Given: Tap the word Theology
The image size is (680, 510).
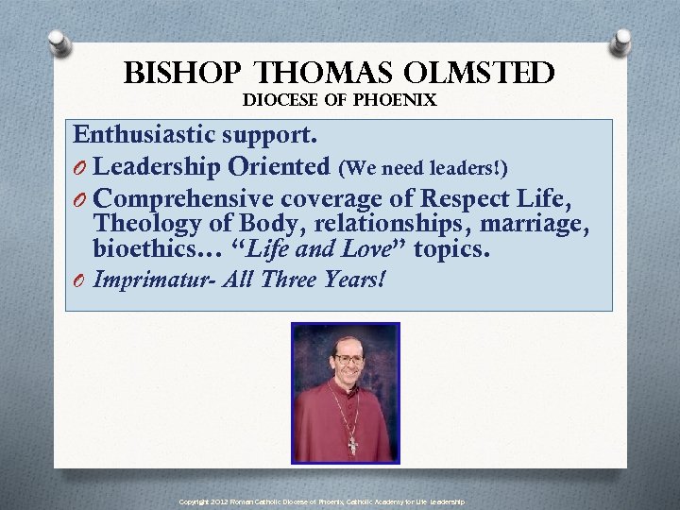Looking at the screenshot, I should [x=144, y=226].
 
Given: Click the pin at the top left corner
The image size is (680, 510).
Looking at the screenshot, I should [x=59, y=43].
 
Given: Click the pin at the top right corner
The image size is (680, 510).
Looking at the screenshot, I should [x=621, y=42].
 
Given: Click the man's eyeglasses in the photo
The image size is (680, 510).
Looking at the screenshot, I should [x=347, y=359].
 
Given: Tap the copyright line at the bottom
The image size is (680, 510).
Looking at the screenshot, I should [x=321, y=501].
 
